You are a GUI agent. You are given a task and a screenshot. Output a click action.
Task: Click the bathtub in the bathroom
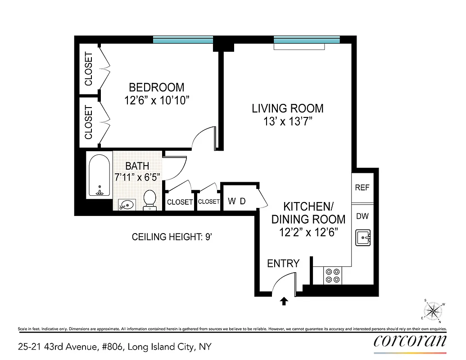[99, 175]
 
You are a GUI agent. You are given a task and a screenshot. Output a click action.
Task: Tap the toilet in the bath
[149, 200]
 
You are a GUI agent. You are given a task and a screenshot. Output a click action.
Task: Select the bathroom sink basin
[127, 205]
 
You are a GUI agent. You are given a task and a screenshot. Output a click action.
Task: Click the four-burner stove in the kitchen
[333, 275]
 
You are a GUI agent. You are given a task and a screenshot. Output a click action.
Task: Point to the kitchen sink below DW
[362, 237]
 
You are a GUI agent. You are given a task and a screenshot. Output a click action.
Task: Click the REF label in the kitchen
[362, 188]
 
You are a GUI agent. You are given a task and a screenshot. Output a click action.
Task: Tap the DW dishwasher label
[362, 216]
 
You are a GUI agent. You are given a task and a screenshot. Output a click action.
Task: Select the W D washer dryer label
[237, 201]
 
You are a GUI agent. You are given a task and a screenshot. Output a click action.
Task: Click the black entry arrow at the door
[284, 301]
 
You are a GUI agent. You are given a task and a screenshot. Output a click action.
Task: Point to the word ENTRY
[283, 264]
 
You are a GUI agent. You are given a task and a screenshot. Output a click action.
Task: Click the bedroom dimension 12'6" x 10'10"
[156, 101]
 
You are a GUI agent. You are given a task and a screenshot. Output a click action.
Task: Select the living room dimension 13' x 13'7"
[288, 121]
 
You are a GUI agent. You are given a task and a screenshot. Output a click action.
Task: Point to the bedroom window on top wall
[183, 40]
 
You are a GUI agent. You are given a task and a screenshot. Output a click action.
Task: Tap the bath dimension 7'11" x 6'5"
[137, 176]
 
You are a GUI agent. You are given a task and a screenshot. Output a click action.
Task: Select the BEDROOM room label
[156, 87]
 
